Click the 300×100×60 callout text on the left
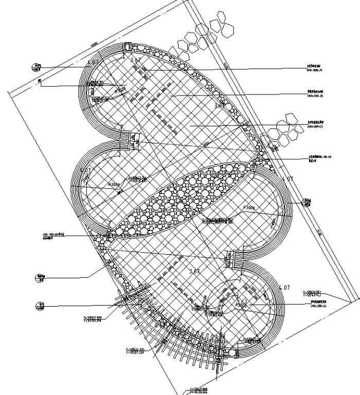click(52, 237)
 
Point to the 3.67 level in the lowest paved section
click(194, 271)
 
